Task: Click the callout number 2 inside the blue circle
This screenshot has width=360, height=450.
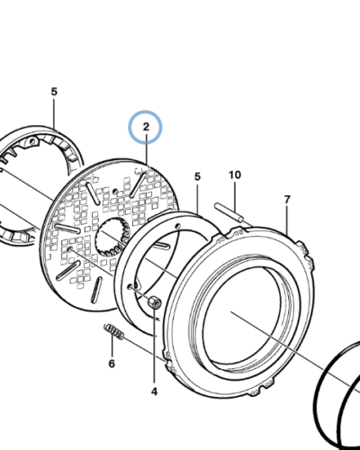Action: click(x=146, y=127)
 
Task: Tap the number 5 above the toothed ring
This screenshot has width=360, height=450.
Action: click(x=54, y=92)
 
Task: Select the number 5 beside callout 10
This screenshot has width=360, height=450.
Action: click(x=197, y=176)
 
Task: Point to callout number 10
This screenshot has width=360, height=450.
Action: click(x=235, y=175)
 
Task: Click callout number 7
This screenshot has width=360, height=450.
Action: click(x=287, y=200)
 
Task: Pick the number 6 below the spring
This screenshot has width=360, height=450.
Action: click(x=112, y=364)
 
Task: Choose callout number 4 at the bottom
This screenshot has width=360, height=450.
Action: click(x=154, y=391)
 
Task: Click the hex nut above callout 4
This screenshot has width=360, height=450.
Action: click(x=155, y=301)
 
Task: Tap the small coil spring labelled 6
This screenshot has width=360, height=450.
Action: click(x=114, y=332)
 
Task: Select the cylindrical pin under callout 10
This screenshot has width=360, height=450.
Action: click(x=229, y=211)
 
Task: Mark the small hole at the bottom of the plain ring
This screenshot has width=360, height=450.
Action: click(x=130, y=286)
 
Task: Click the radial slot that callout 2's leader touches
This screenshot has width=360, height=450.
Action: click(x=139, y=184)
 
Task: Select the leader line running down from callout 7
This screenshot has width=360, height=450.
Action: click(x=287, y=220)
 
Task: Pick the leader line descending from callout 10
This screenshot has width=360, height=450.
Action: click(x=235, y=195)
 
